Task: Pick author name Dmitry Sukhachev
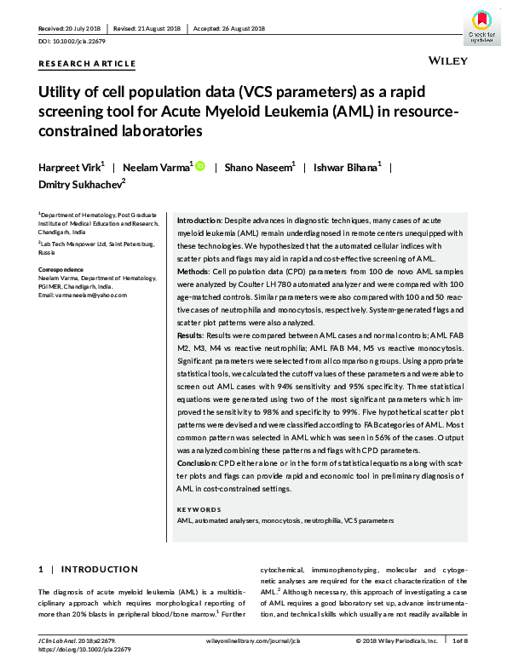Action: click(x=80, y=185)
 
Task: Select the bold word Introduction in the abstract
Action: click(x=198, y=221)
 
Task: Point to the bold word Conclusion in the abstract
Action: click(x=196, y=461)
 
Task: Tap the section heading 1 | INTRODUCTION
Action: click(x=89, y=569)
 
